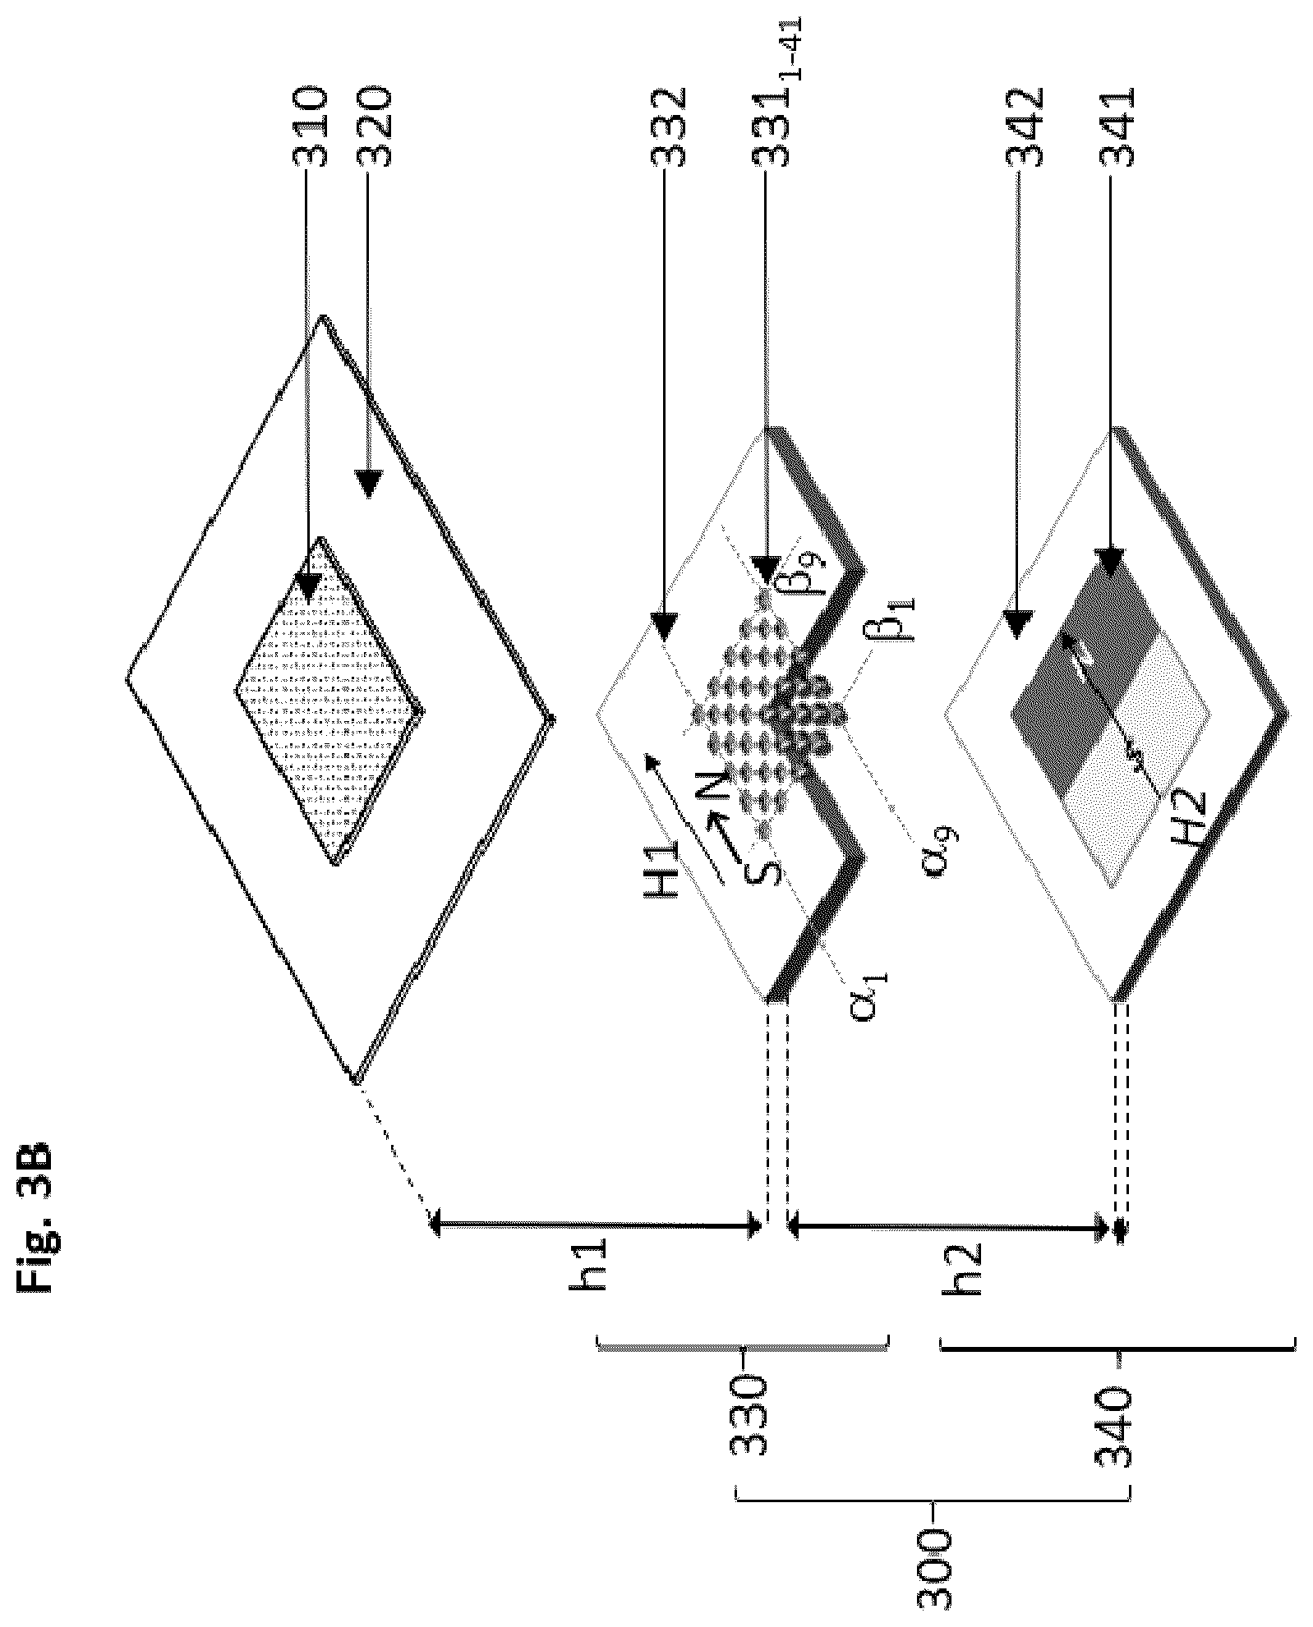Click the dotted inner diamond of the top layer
click(x=329, y=701)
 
